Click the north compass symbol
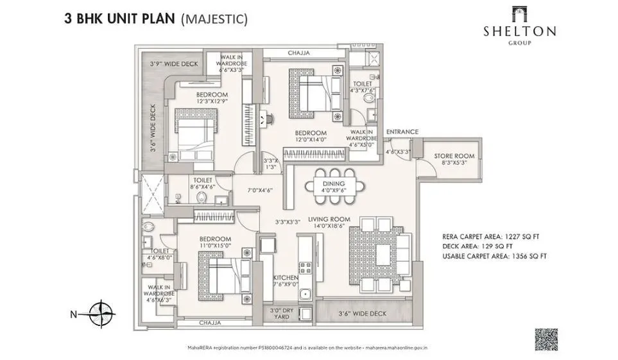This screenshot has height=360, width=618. [101, 314]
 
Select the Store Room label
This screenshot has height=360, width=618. [454, 159]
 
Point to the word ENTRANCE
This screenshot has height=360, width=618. [402, 132]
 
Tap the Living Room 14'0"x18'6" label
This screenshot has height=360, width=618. [325, 222]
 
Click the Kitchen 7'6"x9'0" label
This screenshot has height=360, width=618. [285, 281]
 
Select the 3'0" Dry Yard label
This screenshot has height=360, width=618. [283, 313]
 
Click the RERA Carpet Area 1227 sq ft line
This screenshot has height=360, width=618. [491, 236]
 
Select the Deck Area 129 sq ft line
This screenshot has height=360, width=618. [477, 246]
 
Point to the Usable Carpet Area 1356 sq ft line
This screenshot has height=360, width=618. [494, 256]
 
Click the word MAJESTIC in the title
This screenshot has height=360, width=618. [214, 19]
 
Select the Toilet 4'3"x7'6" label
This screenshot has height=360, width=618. [363, 88]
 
